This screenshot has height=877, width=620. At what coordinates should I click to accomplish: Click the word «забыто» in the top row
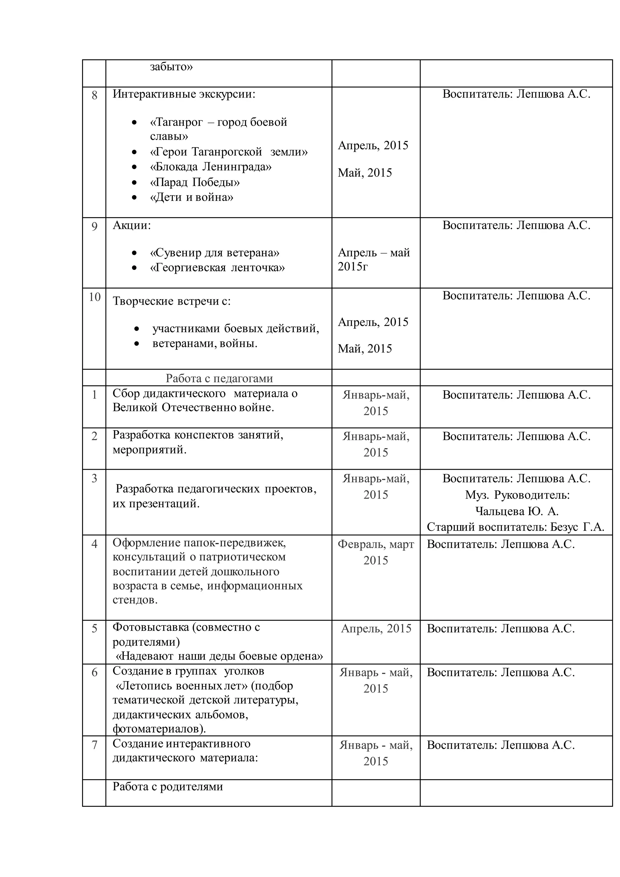pyautogui.click(x=171, y=67)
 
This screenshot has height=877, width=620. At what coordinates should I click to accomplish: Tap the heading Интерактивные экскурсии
pyautogui.click(x=184, y=94)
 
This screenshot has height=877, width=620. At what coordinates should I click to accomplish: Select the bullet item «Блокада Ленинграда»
pyautogui.click(x=210, y=167)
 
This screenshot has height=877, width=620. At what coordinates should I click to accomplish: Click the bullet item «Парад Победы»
pyautogui.click(x=195, y=182)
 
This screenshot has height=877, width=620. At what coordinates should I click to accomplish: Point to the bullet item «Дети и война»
pyautogui.click(x=191, y=197)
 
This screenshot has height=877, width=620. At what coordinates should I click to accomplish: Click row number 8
pyautogui.click(x=94, y=95)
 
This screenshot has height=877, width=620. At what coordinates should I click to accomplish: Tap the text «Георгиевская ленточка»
pyautogui.click(x=217, y=268)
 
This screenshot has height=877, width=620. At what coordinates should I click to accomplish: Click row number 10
pyautogui.click(x=94, y=297)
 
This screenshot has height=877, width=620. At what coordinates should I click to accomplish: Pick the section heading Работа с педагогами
pyautogui.click(x=219, y=378)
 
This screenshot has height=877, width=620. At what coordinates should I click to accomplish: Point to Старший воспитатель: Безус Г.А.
pyautogui.click(x=515, y=527)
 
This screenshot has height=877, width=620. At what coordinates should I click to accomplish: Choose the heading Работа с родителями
pyautogui.click(x=168, y=786)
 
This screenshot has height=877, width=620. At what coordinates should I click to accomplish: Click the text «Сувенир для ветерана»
pyautogui.click(x=215, y=253)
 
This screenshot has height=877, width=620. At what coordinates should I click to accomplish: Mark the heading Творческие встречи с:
pyautogui.click(x=171, y=301)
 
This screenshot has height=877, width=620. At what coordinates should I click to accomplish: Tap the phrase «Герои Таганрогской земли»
pyautogui.click(x=229, y=152)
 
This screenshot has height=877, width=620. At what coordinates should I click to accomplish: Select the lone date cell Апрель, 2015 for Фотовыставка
pyautogui.click(x=376, y=628)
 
